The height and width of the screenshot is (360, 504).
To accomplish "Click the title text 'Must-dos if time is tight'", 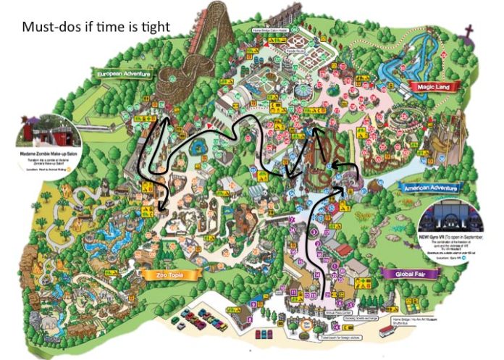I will click(x=96, y=28).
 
